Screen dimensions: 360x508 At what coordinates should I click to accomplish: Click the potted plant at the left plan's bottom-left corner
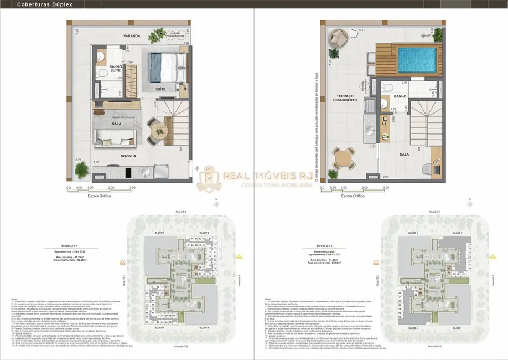(x=82, y=168)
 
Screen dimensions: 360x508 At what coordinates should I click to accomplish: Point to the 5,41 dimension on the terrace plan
(x=346, y=29)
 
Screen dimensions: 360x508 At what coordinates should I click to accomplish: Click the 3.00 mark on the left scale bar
(x=132, y=188)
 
